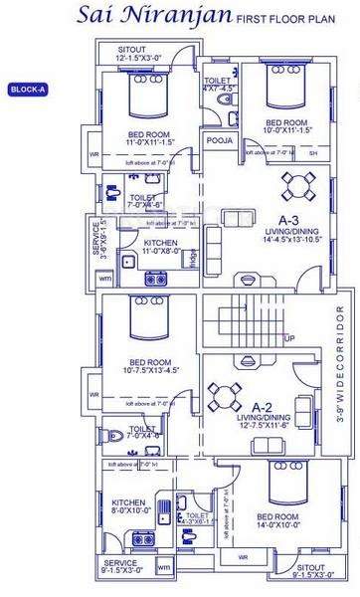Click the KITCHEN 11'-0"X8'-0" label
[x=160, y=248]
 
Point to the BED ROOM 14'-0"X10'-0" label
[x=276, y=521]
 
